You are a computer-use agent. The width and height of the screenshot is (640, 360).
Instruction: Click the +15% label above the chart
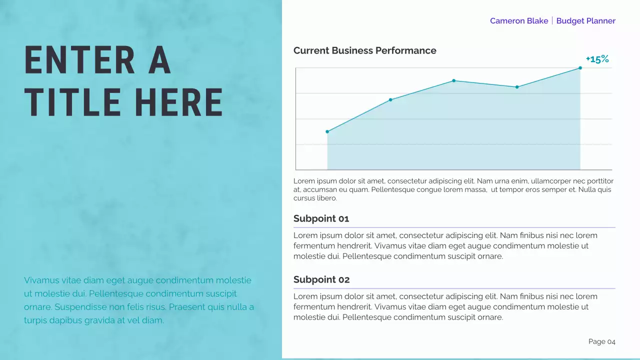coord(597,59)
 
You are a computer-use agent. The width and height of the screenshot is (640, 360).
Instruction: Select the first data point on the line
coord(327,131)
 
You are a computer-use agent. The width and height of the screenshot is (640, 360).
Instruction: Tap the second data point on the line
coord(390,100)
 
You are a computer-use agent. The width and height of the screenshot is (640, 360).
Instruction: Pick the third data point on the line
coord(453,80)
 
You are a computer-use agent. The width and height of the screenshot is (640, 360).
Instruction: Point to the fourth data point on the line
coord(517,87)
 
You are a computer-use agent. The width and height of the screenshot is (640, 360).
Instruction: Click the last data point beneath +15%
coord(580,67)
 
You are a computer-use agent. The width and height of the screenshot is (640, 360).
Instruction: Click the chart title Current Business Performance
coord(364,50)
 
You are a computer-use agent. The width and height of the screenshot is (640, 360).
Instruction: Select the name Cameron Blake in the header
coord(518,21)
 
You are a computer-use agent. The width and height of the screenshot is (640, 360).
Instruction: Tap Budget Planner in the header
coord(585,21)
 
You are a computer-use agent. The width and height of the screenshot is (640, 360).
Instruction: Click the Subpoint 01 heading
coord(321,218)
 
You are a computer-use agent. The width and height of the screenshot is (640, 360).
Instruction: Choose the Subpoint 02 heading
coord(321,279)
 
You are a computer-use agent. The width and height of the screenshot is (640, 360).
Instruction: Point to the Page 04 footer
coord(601,341)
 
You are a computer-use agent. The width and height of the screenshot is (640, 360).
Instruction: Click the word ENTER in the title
coord(72,61)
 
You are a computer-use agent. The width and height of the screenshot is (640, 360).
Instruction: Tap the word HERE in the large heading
coord(178,102)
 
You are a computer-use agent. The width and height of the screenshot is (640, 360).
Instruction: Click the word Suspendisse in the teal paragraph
coord(81,307)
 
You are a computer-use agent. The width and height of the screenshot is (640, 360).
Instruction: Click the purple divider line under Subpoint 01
coord(454,227)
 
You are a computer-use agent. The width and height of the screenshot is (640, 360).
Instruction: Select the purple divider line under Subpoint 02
coord(454,288)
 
